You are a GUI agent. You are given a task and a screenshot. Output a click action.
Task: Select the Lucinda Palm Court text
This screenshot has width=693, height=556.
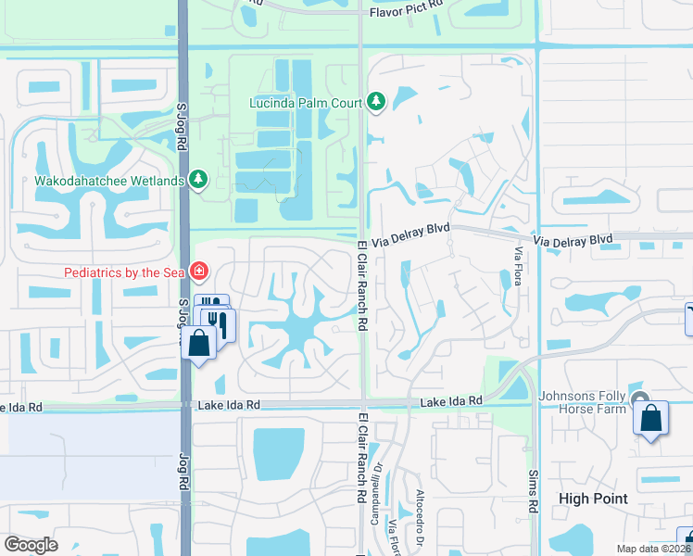tap(304, 103)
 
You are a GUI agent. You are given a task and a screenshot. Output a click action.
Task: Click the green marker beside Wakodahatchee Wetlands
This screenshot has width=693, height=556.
tap(197, 180)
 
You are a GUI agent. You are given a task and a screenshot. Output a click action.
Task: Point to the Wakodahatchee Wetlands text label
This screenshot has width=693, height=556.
tap(108, 181)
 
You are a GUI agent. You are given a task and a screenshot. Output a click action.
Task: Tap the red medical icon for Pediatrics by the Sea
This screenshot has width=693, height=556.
tap(198, 272)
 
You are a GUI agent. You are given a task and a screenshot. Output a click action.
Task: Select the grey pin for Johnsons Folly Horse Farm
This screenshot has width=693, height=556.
tap(640, 398)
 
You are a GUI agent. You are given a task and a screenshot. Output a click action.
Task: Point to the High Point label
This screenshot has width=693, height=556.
tap(593, 499)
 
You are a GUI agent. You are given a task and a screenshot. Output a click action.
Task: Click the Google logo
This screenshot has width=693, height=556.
tap(31, 545)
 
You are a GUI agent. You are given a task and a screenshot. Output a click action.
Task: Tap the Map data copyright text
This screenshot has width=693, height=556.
tap(653, 549)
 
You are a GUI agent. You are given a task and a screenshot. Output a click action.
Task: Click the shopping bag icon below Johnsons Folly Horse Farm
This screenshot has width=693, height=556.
tap(651, 419)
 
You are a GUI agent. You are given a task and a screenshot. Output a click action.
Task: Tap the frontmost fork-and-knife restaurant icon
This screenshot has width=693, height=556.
tap(220, 323)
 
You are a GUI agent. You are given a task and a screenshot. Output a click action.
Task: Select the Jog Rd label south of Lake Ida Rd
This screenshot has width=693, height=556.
tap(183, 472)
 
